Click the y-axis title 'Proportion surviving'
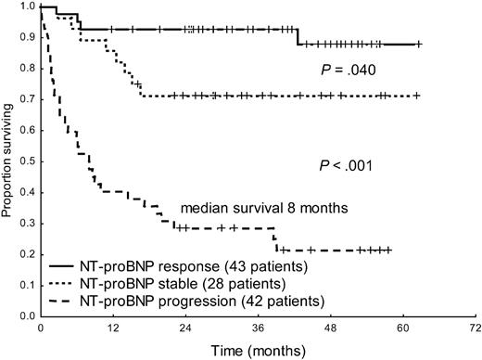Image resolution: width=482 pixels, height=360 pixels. [8, 161]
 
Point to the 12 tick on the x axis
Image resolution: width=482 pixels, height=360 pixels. [112, 328]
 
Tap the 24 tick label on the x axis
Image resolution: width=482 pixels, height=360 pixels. [184, 328]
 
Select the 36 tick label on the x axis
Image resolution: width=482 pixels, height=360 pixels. [258, 328]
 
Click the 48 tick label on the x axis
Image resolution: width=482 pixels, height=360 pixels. [330, 328]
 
